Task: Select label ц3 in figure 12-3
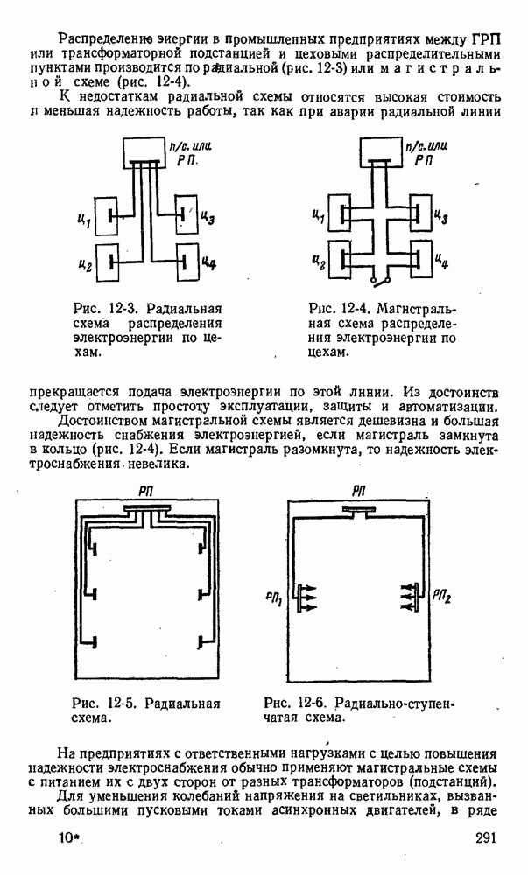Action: coord(208,216)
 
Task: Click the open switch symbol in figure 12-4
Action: coord(378,279)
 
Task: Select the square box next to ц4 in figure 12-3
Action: coord(186,261)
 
